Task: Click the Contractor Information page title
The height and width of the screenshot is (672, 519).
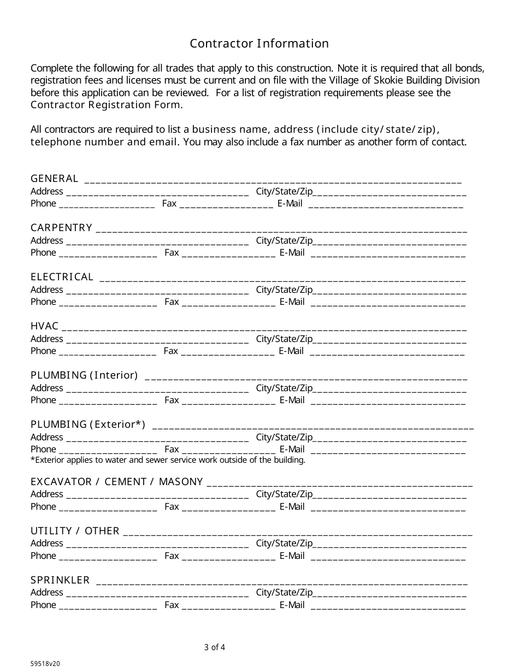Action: click(x=259, y=44)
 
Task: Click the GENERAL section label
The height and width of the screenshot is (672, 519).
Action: click(x=54, y=179)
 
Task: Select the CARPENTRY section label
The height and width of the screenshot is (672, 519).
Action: click(x=61, y=228)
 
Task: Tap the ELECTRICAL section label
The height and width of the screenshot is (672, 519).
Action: click(x=62, y=277)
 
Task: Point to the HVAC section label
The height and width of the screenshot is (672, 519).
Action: click(x=44, y=326)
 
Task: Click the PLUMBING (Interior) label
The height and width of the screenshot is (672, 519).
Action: click(x=84, y=375)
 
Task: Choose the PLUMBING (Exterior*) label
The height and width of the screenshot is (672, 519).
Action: click(x=88, y=425)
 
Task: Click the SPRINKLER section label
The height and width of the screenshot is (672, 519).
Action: click(x=60, y=580)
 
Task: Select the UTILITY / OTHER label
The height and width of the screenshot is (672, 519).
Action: click(x=75, y=530)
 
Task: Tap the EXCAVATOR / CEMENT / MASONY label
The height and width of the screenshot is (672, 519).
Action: click(x=117, y=481)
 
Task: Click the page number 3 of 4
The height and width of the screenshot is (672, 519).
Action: click(x=215, y=647)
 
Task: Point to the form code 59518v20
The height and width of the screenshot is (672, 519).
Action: click(x=45, y=664)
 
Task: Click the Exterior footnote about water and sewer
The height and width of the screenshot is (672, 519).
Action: click(x=168, y=460)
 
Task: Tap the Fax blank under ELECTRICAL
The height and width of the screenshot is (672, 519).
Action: click(x=228, y=303)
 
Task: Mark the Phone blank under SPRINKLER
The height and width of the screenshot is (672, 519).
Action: click(x=108, y=606)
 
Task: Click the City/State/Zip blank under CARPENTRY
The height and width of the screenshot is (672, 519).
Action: click(x=390, y=241)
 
